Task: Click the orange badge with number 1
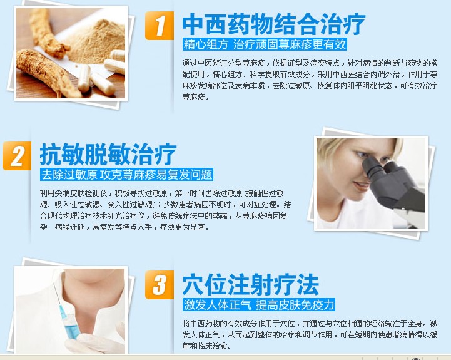tap(160, 25)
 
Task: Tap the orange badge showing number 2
tap(17, 155)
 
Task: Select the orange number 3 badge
tap(160, 284)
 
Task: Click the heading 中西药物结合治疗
tap(273, 24)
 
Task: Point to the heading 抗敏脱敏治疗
tap(108, 154)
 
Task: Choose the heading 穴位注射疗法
tap(251, 284)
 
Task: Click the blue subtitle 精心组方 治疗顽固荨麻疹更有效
tap(265, 44)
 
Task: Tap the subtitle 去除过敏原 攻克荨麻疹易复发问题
tap(126, 175)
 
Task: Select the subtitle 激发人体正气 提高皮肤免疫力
tap(259, 305)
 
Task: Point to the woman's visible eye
tap(362, 155)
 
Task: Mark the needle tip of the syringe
tap(54, 284)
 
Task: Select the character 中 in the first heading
tap(193, 24)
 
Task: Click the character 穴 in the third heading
tap(193, 285)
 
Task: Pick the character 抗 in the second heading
tap(51, 155)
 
